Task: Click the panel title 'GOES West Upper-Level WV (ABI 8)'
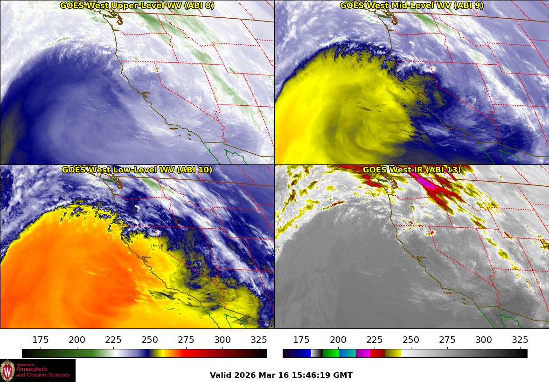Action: click(x=137, y=6)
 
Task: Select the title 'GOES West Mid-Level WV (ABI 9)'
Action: click(x=411, y=6)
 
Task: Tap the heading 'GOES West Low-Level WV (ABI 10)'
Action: click(x=137, y=170)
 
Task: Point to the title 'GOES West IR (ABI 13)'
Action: click(x=411, y=170)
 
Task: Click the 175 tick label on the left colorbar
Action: click(x=41, y=340)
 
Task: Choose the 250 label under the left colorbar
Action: click(x=150, y=340)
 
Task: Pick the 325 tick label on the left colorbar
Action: click(x=259, y=340)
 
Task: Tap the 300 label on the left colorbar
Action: click(x=222, y=340)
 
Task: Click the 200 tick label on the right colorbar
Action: click(x=338, y=340)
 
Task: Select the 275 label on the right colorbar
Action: click(x=447, y=340)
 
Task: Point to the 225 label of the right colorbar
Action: click(x=374, y=340)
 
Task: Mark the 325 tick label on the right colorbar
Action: click(x=520, y=340)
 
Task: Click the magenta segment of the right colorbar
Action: click(x=363, y=353)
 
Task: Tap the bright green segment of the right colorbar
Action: click(x=330, y=353)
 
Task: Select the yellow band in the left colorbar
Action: click(x=159, y=353)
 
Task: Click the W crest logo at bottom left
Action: click(x=7, y=371)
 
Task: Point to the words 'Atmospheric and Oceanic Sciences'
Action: click(x=43, y=371)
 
